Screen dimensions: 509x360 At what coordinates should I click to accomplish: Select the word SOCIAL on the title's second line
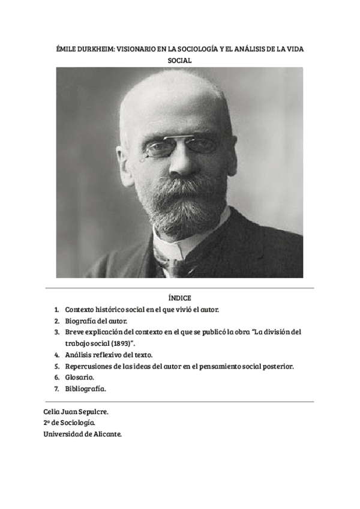coord(180,61)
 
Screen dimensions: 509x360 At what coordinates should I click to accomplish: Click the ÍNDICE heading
coord(180,298)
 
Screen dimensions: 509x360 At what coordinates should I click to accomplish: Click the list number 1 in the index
coord(56,310)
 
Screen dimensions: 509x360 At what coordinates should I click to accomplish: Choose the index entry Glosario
coord(80,378)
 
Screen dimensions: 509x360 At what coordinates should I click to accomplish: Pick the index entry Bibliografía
coord(85,389)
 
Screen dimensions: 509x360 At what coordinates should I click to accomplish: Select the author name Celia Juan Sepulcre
coord(76,412)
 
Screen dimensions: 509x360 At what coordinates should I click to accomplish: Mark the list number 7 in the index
coord(56,389)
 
